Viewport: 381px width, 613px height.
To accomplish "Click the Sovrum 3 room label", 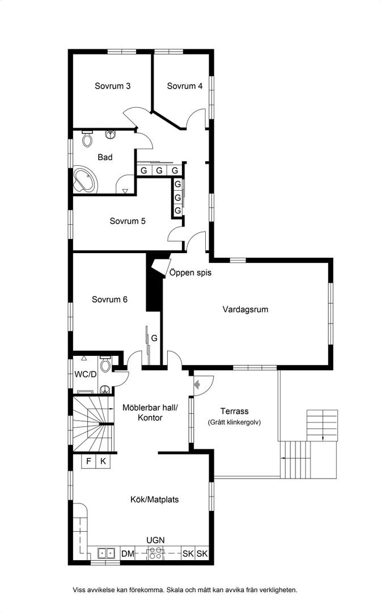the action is tap(112, 86).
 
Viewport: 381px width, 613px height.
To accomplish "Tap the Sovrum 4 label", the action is tap(185, 86).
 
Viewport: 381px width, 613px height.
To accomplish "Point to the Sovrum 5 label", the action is tap(128, 221).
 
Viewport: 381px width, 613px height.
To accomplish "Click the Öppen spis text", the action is tap(190, 272).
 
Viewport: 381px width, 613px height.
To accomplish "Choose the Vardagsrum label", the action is tap(245, 310).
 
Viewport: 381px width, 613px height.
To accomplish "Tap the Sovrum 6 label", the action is tap(109, 300).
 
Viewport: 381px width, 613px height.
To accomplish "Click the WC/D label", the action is tap(86, 374).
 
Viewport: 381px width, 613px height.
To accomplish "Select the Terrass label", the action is tap(234, 412).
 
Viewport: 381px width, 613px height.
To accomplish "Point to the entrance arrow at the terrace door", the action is tap(197, 385).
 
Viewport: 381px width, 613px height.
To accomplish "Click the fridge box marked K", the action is tap(103, 461).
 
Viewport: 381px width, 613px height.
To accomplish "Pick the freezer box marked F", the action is tap(88, 461).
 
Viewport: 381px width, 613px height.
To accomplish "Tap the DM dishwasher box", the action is tap(128, 553).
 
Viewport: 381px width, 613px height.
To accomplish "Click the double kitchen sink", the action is tap(106, 553).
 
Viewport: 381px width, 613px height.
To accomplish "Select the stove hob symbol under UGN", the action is tap(155, 553).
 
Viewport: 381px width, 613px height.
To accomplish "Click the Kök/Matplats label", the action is tap(155, 499).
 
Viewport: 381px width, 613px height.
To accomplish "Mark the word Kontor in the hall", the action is tap(150, 418).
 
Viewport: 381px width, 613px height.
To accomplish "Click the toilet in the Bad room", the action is tap(87, 139).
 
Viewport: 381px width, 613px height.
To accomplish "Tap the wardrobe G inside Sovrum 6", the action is tap(154, 338).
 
